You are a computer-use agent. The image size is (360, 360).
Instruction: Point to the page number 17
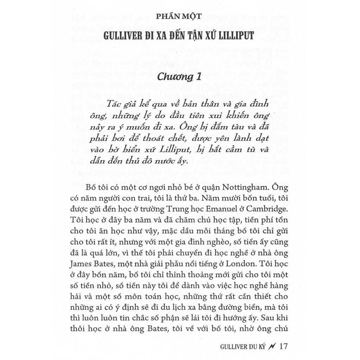coord(283,346)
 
